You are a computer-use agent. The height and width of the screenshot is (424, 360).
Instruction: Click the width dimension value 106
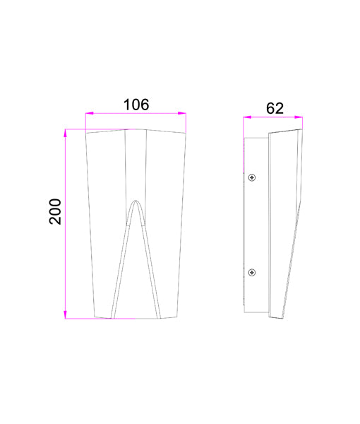tap(136, 105)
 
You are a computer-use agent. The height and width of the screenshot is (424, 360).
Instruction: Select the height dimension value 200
tap(56, 212)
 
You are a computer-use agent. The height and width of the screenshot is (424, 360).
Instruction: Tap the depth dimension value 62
tap(275, 108)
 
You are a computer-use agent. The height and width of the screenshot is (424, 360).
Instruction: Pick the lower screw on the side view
tap(252, 272)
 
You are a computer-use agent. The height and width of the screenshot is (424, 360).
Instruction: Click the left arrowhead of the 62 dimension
tap(246, 117)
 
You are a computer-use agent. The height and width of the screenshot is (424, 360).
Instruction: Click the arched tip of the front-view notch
tap(136, 201)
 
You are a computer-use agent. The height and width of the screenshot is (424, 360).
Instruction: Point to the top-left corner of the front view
tap(85, 132)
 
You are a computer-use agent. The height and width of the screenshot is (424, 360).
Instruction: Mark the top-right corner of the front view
tap(187, 132)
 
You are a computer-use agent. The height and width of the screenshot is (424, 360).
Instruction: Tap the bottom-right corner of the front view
tap(176, 318)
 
